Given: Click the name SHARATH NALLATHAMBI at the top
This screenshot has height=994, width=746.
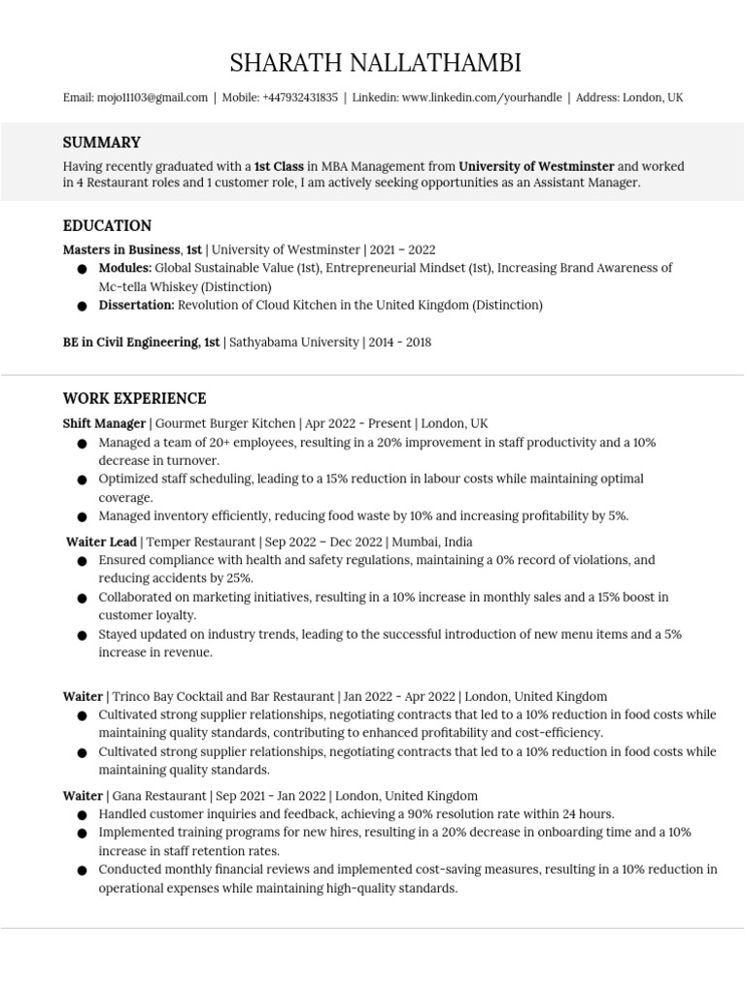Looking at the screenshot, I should (x=375, y=64).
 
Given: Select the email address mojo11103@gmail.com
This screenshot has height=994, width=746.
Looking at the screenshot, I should (x=152, y=98).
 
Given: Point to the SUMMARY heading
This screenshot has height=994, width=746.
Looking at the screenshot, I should (x=102, y=143).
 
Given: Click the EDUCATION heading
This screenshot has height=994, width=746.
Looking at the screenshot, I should (x=107, y=226).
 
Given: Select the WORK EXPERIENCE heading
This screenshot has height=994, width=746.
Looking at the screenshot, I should (x=134, y=399).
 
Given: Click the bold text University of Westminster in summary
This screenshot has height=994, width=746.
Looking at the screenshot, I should (x=536, y=166).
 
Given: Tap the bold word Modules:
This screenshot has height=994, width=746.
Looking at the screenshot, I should (x=125, y=268).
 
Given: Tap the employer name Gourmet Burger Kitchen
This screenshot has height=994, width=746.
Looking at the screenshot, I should (x=225, y=424).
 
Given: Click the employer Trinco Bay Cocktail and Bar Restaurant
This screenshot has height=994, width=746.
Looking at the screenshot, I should (x=223, y=696).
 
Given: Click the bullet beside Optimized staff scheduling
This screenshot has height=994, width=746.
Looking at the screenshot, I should (x=81, y=480).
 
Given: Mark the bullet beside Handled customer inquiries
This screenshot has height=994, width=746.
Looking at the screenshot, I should (x=81, y=814).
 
